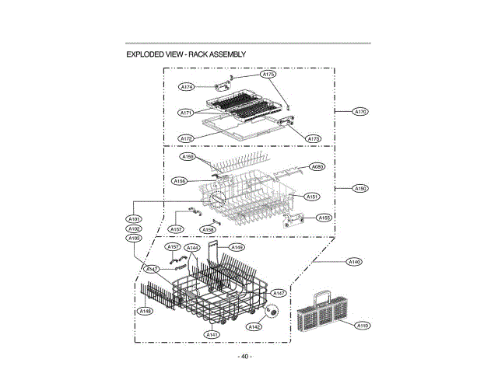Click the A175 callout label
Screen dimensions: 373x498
[268, 75]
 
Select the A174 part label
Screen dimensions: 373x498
[187, 86]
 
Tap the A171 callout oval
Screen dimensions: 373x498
[187, 113]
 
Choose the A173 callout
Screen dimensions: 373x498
[314, 138]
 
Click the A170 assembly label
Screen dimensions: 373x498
[361, 112]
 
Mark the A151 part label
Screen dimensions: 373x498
[312, 197]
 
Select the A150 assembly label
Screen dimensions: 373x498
[361, 188]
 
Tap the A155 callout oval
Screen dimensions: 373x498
[324, 218]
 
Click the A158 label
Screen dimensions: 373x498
[209, 230]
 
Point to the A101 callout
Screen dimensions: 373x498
[133, 220]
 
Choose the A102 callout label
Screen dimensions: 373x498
[133, 229]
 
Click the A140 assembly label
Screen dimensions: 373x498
[354, 262]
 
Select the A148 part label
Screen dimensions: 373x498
[144, 311]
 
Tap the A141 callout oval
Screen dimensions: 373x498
[212, 334]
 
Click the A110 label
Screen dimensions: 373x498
[362, 326]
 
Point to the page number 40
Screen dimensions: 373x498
[244, 357]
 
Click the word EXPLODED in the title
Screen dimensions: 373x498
[145, 54]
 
